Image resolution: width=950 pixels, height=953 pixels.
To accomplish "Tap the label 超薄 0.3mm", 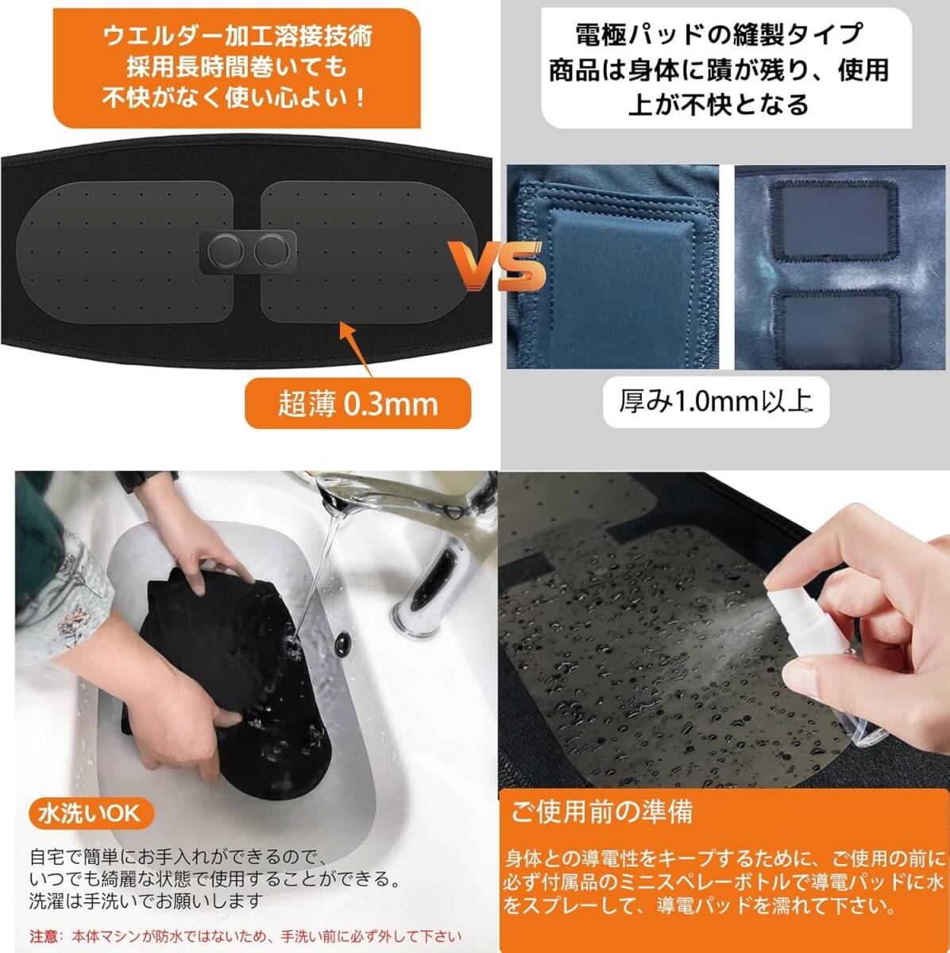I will pos(357,403).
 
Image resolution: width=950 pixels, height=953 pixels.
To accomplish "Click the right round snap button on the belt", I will pos(272,252).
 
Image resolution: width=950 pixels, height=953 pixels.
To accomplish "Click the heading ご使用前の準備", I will pos(602,812).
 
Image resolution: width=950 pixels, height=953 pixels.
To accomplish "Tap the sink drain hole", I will pos(346,640).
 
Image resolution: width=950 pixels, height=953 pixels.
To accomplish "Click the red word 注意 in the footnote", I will pos(43,936).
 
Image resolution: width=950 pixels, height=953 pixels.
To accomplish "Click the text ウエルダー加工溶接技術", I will pos(237,36).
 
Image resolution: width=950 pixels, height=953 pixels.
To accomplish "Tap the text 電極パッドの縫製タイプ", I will pos(718,35).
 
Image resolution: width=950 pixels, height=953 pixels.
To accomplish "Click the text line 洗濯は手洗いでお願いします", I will pos(145,901).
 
